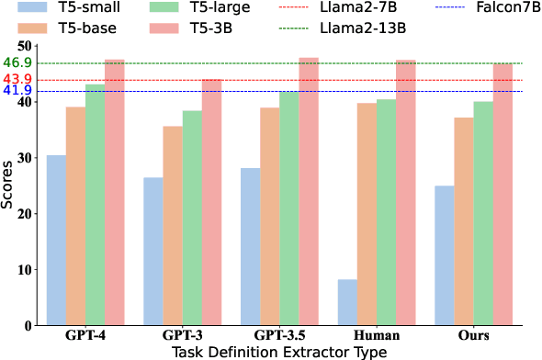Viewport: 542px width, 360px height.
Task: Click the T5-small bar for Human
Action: coord(347,303)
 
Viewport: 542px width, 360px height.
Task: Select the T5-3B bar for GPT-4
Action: coord(114,193)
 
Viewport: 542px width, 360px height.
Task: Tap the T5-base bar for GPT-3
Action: coord(173,226)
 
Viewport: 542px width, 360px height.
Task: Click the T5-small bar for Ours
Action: coord(445,256)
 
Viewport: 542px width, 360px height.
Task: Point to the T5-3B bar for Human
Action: coord(406,193)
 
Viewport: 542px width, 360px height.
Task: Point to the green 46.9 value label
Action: coord(17,63)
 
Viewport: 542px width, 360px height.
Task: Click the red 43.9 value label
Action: coord(17,79)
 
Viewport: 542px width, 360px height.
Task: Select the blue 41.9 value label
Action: coord(17,91)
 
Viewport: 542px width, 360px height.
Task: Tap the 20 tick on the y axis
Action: coord(24,214)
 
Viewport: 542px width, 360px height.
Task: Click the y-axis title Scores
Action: coord(7,185)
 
